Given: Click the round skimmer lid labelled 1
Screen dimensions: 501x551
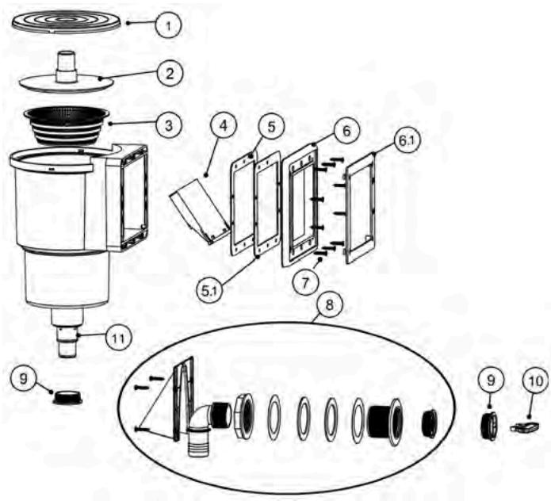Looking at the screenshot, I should [x=67, y=19].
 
